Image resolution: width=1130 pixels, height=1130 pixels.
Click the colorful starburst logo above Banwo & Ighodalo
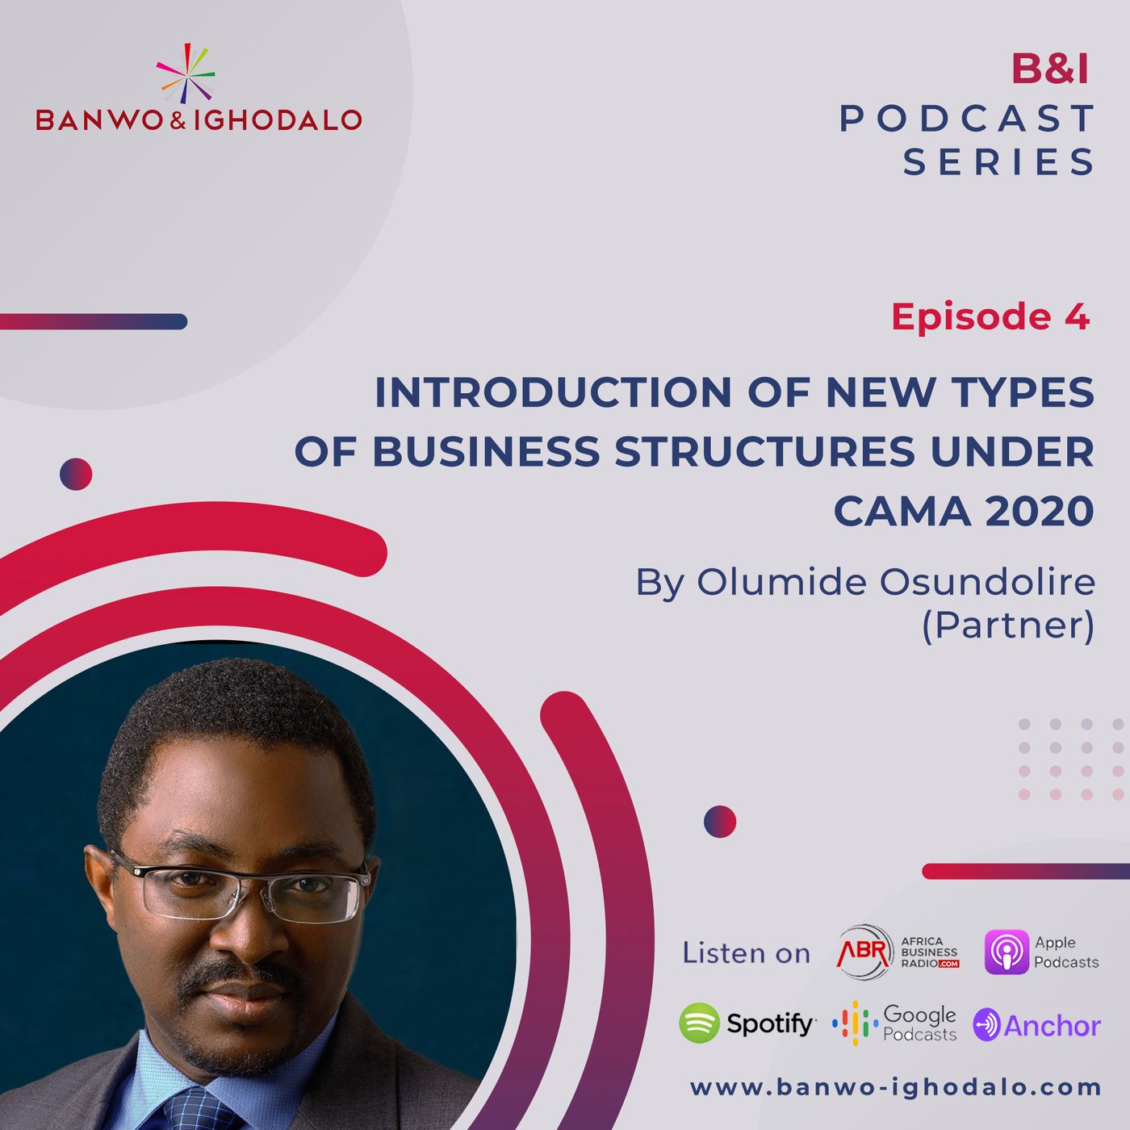[186, 73]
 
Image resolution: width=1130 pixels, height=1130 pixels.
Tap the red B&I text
[1049, 69]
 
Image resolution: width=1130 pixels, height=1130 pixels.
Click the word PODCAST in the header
[967, 118]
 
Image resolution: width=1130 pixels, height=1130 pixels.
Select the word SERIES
[998, 161]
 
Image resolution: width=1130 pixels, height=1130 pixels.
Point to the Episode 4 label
[990, 316]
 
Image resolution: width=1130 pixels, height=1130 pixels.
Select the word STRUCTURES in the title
[764, 451]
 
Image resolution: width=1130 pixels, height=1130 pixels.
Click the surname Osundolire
[986, 582]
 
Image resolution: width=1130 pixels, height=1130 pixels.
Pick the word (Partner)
[1008, 626]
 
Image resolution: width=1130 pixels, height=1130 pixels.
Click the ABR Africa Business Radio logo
[898, 952]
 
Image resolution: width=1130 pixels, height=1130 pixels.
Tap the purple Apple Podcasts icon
[1007, 952]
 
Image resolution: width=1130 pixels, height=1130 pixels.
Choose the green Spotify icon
[699, 1023]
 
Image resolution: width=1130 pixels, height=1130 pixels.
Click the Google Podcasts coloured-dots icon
[855, 1023]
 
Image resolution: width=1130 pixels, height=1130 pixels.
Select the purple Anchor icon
[986, 1024]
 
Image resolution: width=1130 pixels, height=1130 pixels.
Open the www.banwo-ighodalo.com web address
[895, 1087]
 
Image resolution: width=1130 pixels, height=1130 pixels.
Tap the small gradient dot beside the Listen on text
[719, 821]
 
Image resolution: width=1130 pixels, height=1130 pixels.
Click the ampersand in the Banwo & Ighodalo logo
[180, 120]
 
